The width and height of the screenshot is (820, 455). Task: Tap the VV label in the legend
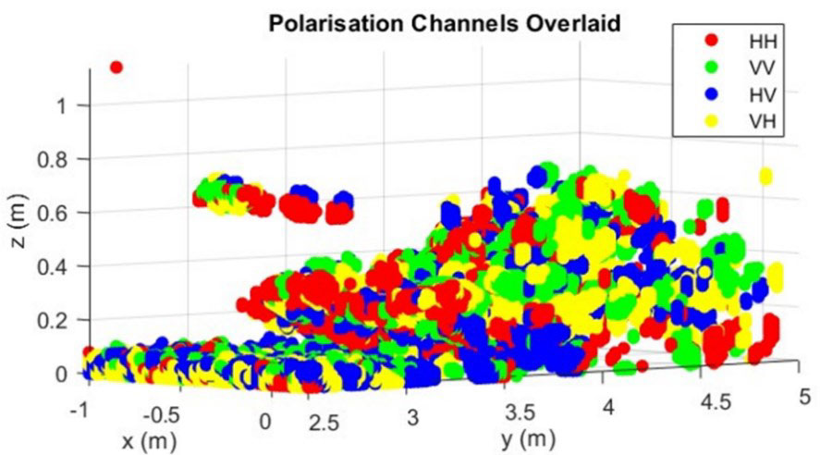click(755, 67)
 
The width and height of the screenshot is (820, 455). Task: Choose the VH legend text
click(755, 120)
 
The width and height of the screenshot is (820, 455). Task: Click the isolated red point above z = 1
click(116, 67)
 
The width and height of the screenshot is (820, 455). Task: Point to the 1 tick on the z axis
click(63, 105)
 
